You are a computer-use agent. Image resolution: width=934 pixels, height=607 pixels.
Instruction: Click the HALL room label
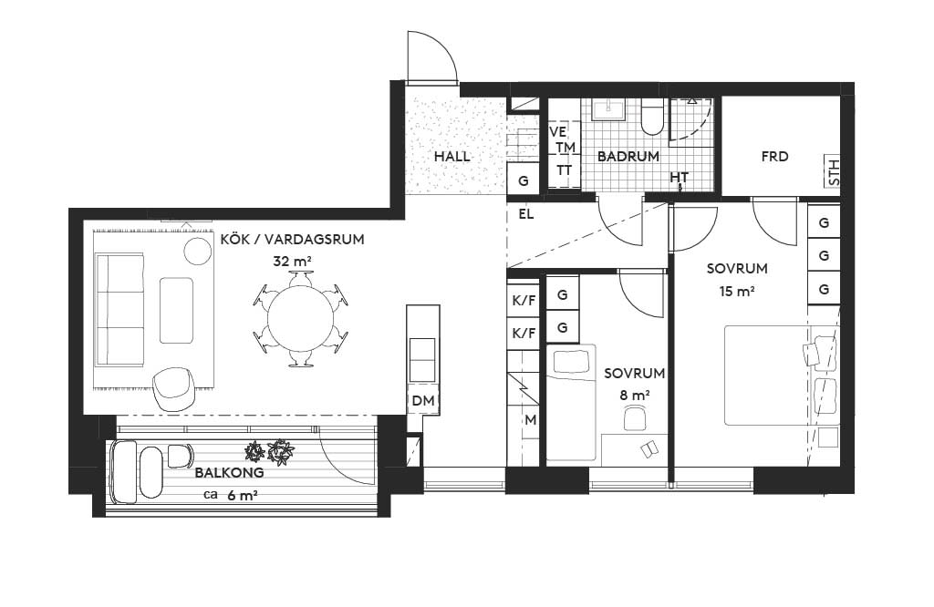tap(451, 157)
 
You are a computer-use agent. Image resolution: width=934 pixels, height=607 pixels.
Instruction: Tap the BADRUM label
tap(628, 157)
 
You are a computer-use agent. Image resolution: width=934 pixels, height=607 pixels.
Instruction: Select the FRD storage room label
tap(774, 157)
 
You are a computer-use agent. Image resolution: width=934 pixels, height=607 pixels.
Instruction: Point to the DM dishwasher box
tap(423, 400)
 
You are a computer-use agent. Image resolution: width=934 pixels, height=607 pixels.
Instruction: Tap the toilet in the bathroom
tap(651, 118)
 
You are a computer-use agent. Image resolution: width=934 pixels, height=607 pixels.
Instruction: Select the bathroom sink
tap(608, 108)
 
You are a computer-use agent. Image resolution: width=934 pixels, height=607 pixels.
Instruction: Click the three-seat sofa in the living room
tap(119, 310)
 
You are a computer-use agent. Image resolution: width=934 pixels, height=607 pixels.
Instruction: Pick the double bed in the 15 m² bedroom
tap(781, 375)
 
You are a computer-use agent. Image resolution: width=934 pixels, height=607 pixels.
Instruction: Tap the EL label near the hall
tap(526, 214)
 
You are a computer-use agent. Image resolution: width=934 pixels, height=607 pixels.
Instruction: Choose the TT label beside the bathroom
tap(564, 170)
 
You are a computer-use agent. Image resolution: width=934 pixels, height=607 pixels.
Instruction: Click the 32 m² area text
tap(293, 261)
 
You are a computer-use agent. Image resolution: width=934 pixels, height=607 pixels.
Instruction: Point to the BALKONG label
tap(229, 473)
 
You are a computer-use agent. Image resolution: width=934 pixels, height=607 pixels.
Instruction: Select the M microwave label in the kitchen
tap(530, 420)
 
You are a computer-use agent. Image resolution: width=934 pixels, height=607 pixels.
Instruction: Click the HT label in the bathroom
tap(679, 178)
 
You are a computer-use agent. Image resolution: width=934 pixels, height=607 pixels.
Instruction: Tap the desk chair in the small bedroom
tap(636, 417)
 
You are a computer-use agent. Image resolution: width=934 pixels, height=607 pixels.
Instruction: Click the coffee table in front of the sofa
tap(176, 310)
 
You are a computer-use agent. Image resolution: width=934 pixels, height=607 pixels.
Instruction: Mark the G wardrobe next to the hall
tap(524, 180)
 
